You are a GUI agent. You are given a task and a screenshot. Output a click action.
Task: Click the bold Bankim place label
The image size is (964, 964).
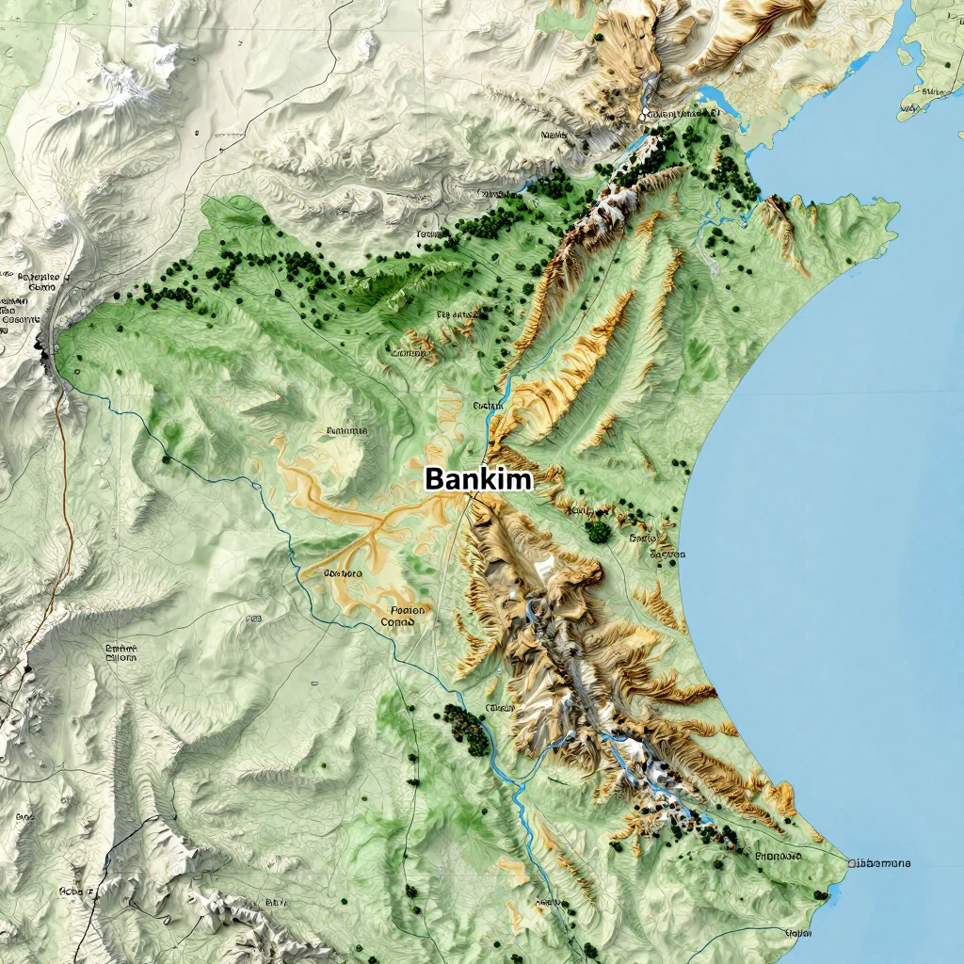click(x=478, y=479)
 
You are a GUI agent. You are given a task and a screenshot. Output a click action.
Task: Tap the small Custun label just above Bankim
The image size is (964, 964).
click(x=488, y=405)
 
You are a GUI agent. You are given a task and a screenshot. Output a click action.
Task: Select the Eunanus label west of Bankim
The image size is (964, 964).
click(x=345, y=430)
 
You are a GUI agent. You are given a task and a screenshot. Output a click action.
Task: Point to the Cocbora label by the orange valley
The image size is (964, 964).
click(x=343, y=572)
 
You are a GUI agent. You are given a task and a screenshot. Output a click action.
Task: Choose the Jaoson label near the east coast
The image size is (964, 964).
click(x=667, y=554)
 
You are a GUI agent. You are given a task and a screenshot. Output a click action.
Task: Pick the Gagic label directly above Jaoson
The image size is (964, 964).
click(x=642, y=538)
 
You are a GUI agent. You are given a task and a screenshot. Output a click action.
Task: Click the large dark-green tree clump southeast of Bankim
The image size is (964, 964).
click(x=598, y=531)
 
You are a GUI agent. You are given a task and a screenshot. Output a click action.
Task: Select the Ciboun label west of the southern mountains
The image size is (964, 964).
click(x=499, y=707)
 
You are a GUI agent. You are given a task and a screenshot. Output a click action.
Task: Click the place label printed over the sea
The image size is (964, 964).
click(x=879, y=863)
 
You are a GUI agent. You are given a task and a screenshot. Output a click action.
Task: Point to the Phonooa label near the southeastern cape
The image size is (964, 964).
click(x=778, y=857)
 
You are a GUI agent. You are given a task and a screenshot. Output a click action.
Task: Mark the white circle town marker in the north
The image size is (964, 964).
click(x=646, y=115)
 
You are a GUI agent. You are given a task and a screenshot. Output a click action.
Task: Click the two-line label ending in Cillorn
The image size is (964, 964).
click(x=120, y=652)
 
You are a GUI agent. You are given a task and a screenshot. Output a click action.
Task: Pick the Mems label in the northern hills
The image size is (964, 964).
click(x=554, y=136)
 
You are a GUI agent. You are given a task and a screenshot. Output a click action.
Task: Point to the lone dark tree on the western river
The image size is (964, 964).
click(x=167, y=459)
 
